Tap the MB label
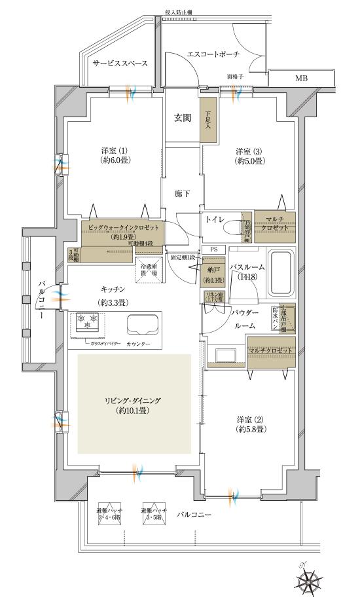[300, 79]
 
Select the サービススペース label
[119, 64]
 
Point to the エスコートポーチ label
[213, 54]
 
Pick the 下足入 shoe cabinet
[208, 118]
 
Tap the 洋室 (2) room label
[249, 424]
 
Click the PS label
[214, 249]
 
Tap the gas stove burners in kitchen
[86, 322]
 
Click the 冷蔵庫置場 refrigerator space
[149, 270]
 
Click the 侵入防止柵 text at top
[179, 11]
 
